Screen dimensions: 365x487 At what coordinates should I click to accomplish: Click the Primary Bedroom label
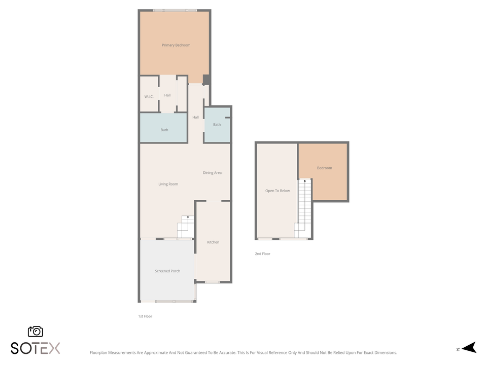tap(176, 46)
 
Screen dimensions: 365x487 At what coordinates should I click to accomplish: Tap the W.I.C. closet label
tap(149, 97)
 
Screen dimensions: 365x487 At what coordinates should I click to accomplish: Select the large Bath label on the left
tap(164, 130)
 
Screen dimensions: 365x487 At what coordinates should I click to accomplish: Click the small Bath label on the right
tap(217, 125)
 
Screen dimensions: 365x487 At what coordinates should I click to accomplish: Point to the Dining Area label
tap(212, 173)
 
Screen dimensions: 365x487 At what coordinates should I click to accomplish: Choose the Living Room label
tap(168, 184)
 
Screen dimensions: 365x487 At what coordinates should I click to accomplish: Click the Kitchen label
tap(213, 242)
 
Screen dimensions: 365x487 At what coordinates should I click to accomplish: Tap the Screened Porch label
tap(167, 271)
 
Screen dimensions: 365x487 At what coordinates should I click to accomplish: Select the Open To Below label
tap(277, 191)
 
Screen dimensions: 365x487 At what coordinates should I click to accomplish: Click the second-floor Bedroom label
tap(324, 168)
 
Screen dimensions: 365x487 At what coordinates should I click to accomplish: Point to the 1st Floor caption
tap(145, 316)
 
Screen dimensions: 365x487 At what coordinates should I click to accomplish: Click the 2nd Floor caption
tap(263, 253)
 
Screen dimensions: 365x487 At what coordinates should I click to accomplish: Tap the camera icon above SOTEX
tap(36, 332)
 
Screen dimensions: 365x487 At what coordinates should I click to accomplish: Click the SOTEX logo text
tap(36, 348)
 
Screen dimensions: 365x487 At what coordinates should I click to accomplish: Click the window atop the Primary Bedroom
tap(175, 10)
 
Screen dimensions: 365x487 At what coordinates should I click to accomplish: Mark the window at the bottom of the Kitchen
tap(212, 282)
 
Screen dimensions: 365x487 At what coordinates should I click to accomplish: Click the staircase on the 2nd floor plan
tap(304, 208)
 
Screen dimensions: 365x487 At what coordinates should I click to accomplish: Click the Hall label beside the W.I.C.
tap(167, 95)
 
